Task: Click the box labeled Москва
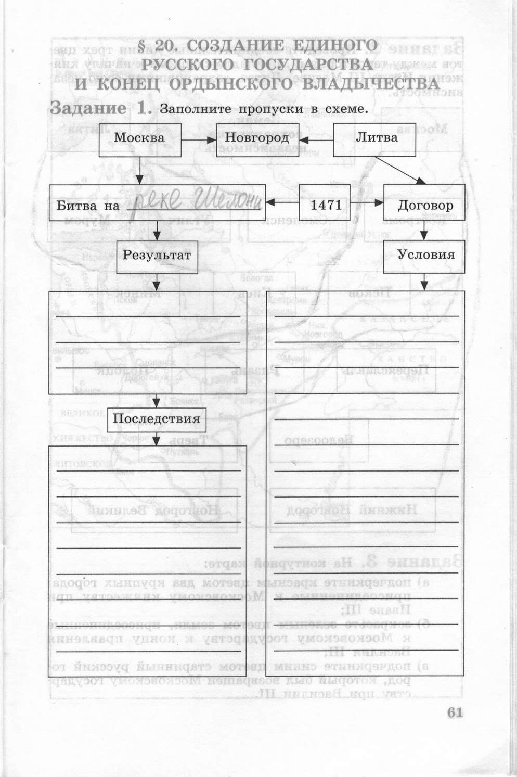click(x=139, y=139)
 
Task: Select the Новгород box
click(x=257, y=139)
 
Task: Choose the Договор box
click(x=424, y=205)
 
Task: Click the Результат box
click(x=157, y=256)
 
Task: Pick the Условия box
click(x=424, y=256)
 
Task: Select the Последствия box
click(x=157, y=419)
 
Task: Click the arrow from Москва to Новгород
click(x=199, y=140)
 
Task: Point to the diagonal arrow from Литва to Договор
click(x=399, y=170)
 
